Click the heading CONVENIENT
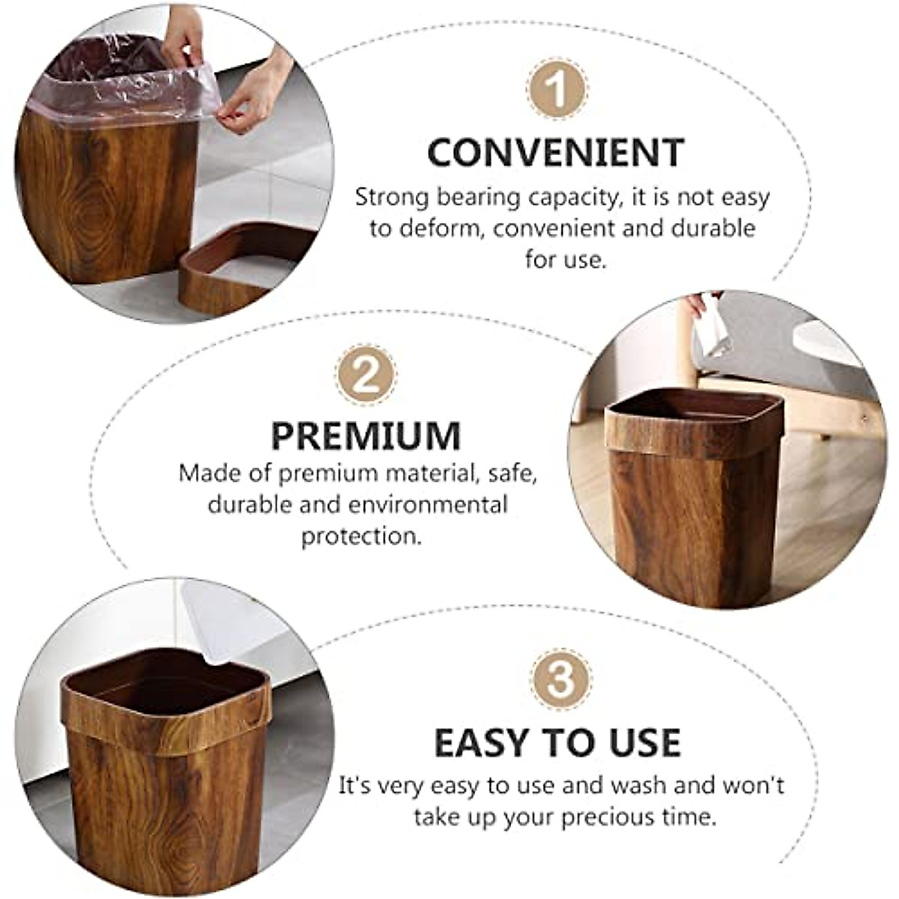click(556, 152)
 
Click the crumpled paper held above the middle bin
click(708, 330)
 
